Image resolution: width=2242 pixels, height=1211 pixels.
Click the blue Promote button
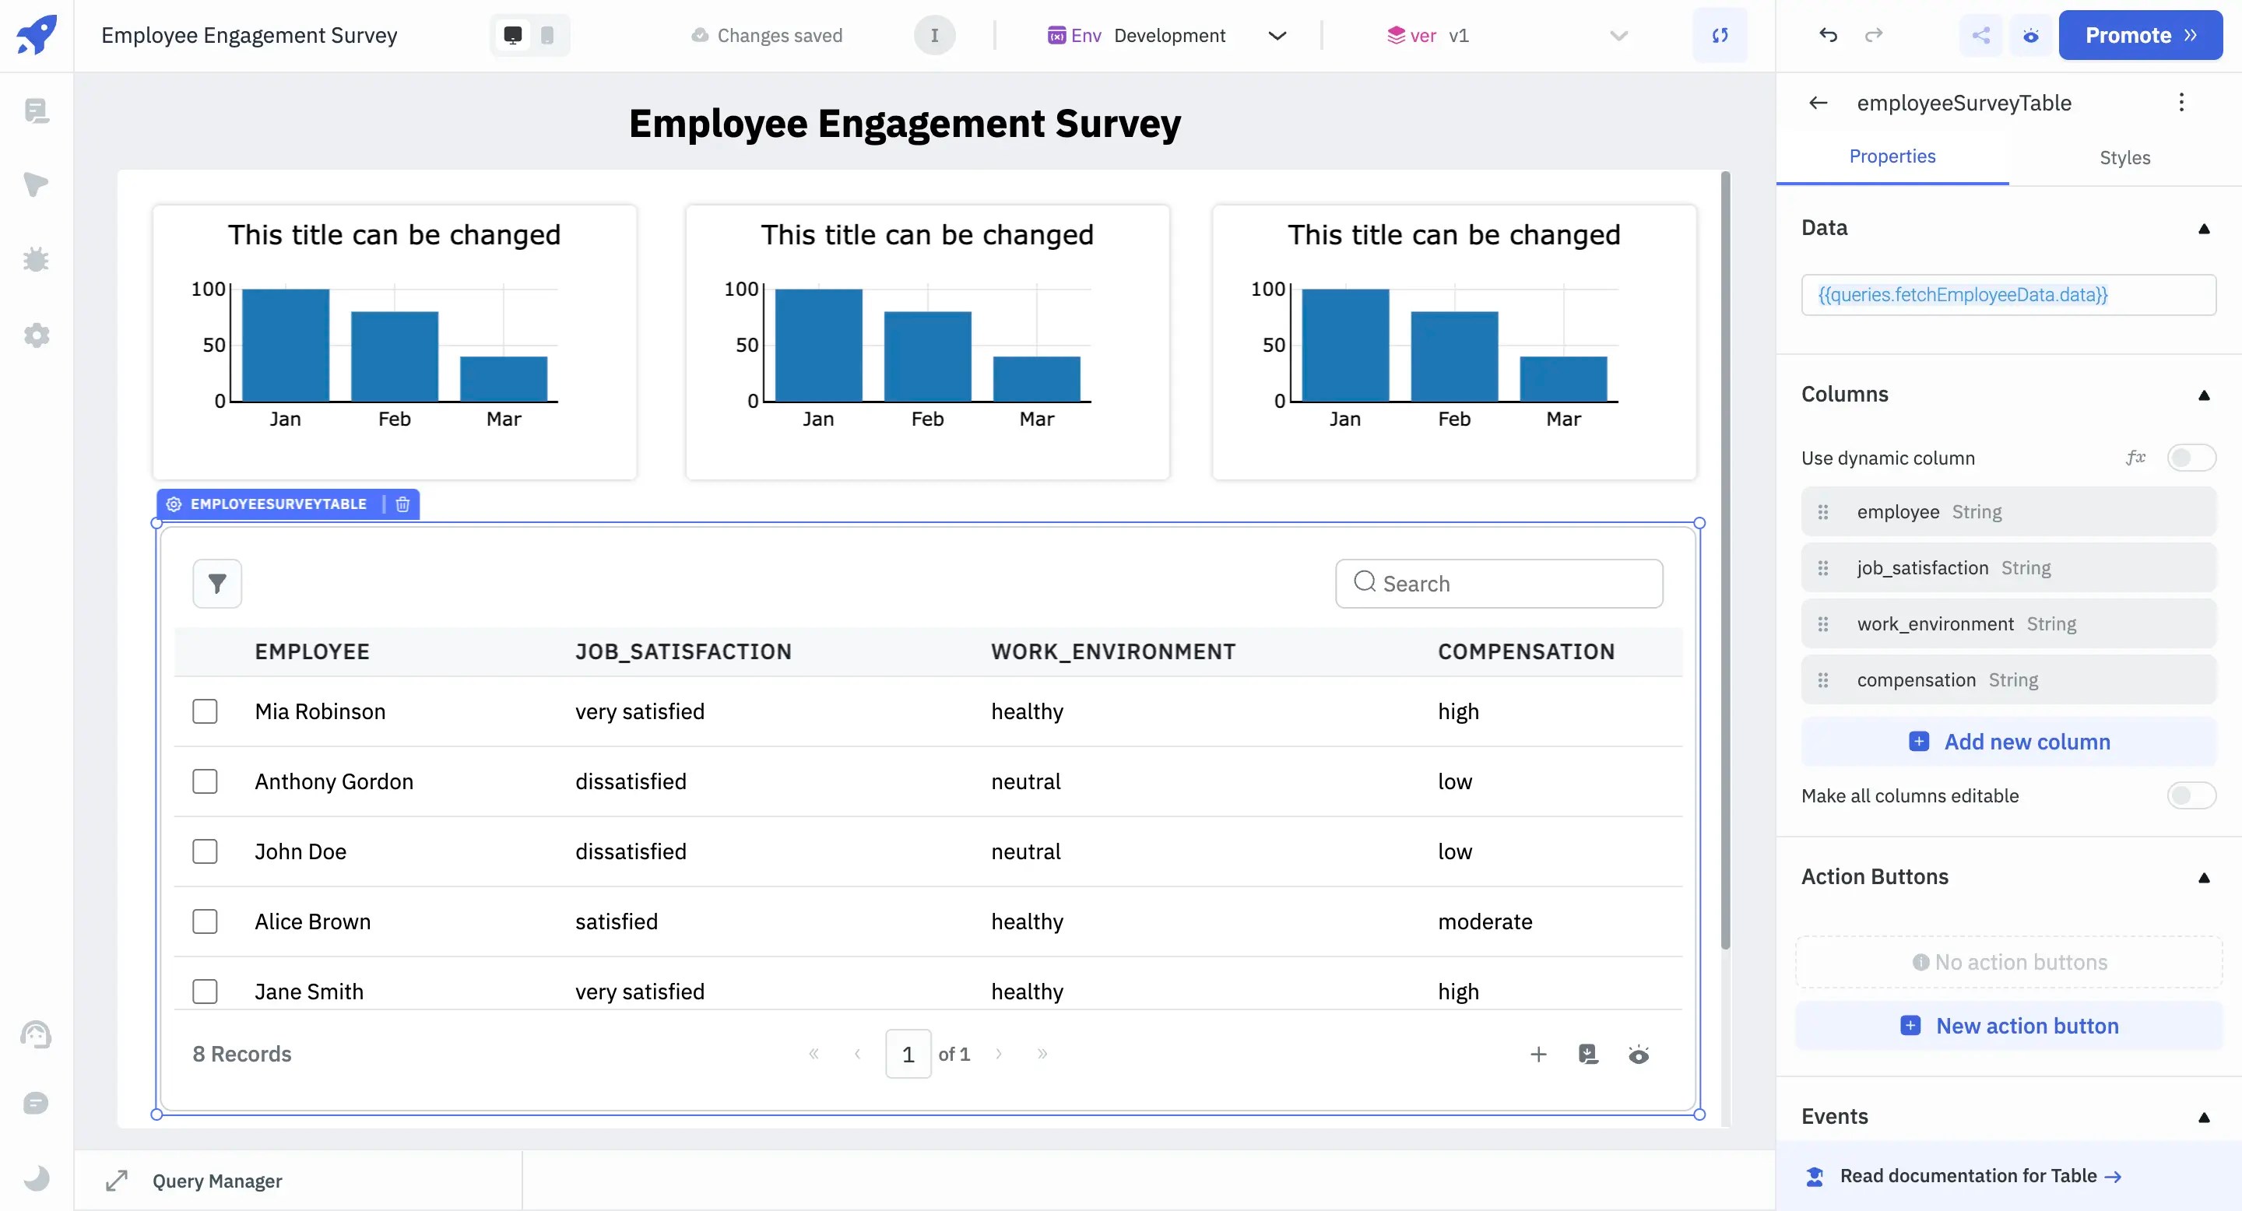coord(2139,36)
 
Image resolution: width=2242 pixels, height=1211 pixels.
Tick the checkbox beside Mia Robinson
coord(205,711)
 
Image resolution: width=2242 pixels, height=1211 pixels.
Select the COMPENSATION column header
coord(1526,651)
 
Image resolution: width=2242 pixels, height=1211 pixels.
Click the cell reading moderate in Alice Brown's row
coord(1485,921)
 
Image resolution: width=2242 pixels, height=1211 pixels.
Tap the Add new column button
coord(2008,742)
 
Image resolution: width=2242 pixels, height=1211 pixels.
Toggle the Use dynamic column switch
coord(2190,458)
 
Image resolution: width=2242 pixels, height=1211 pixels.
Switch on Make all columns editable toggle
coord(2190,795)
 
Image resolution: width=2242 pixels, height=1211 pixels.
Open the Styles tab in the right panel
coord(2124,157)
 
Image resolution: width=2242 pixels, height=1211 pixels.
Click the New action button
coord(2008,1026)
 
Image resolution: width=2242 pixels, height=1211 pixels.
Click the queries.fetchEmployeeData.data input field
coord(2007,295)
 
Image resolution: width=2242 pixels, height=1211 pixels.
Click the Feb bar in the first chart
coord(394,356)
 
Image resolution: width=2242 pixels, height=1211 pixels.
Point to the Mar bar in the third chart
coord(1563,379)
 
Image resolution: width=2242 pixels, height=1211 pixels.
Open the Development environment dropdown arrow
coord(1277,36)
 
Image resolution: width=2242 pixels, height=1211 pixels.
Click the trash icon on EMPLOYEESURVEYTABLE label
coord(403,504)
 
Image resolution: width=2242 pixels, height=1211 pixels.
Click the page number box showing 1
coord(908,1055)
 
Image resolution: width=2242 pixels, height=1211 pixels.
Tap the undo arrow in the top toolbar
coord(1828,36)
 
